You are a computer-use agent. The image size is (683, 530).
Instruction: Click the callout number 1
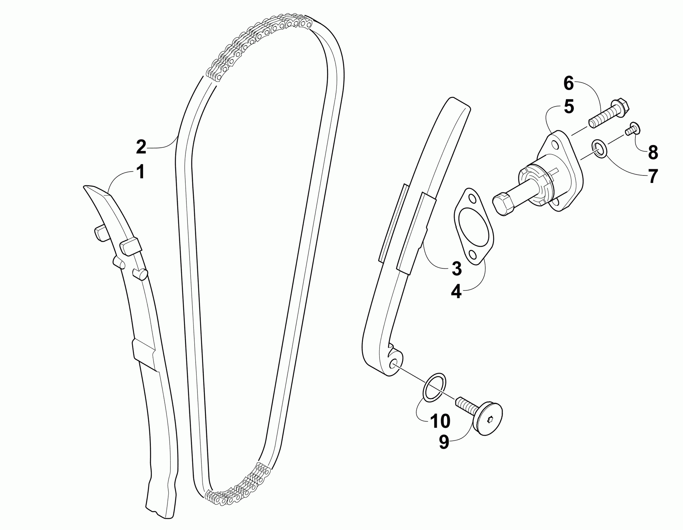[x=141, y=172]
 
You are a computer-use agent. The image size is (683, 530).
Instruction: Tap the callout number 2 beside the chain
[x=141, y=147]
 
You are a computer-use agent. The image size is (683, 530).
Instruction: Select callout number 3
[x=456, y=268]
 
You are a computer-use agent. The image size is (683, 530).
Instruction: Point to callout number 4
[x=456, y=292]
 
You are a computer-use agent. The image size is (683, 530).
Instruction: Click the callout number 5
[x=569, y=106]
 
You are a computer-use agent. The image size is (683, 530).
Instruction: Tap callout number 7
[x=652, y=177]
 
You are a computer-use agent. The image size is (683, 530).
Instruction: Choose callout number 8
[x=653, y=153]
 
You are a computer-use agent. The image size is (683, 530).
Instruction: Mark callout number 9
[x=444, y=442]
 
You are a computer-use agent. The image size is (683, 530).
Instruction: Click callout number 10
[x=440, y=421]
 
